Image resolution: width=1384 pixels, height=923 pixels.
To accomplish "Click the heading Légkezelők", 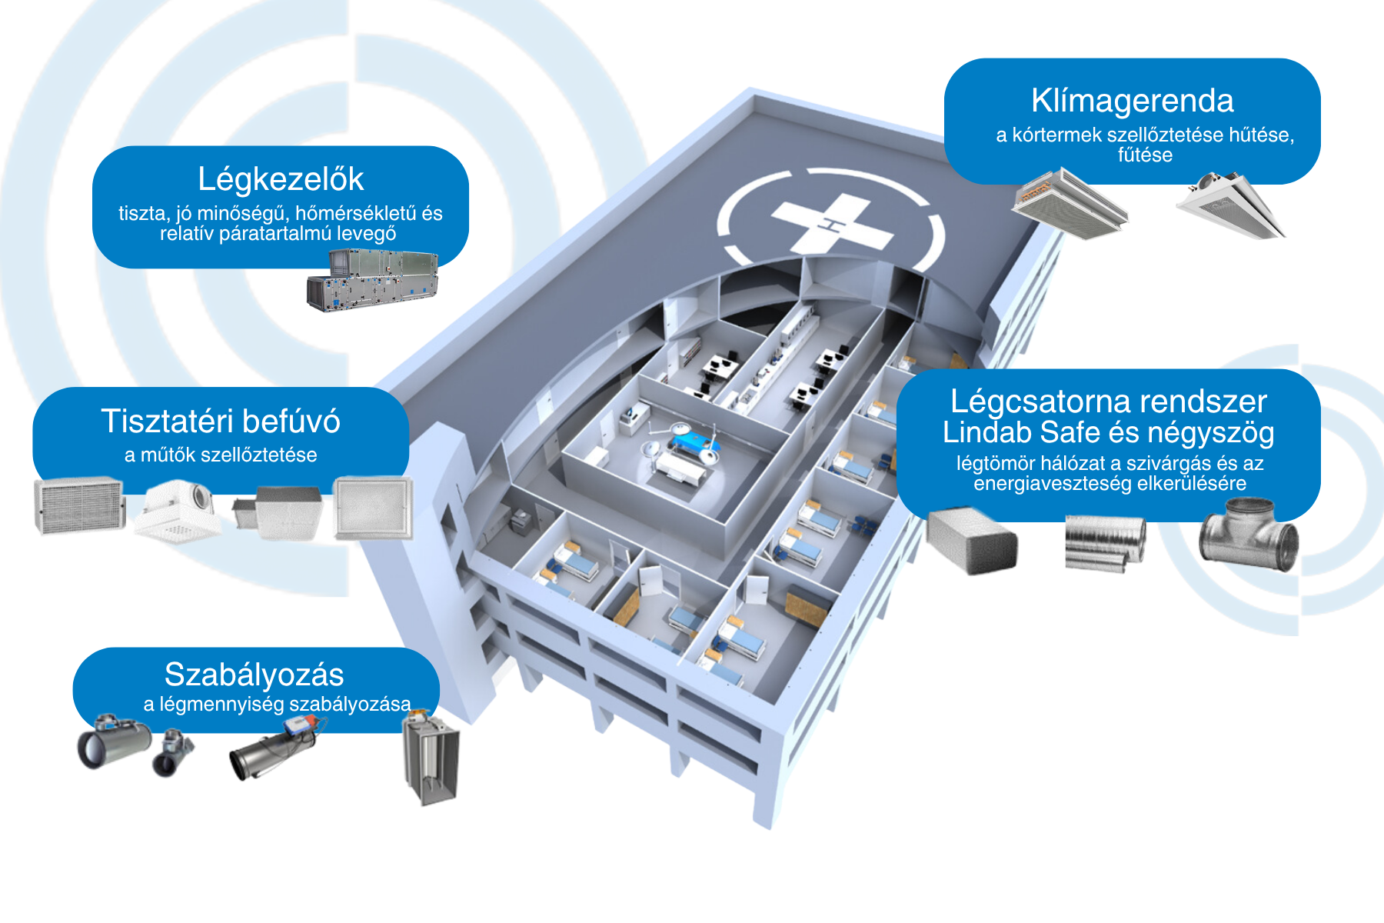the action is (x=281, y=180).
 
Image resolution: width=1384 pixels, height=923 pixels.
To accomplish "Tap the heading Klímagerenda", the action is (x=1133, y=101).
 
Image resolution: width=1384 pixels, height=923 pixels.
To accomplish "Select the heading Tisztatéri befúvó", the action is (x=221, y=422).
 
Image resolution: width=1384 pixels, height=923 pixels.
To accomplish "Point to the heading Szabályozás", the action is (x=254, y=675).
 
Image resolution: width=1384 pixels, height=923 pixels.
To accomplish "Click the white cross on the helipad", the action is (x=833, y=223).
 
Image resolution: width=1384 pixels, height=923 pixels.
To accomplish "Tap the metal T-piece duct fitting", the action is (x=1249, y=535).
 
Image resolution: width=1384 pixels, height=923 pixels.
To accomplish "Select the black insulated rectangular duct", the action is (x=972, y=541).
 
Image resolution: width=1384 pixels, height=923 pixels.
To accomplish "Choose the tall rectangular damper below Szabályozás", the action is (x=431, y=758).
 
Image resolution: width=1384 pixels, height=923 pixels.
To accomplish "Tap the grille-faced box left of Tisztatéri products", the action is (x=80, y=505).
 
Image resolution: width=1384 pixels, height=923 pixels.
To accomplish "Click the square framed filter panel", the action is (x=374, y=508).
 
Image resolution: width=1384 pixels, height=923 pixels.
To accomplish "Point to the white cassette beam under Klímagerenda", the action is (x=1231, y=205).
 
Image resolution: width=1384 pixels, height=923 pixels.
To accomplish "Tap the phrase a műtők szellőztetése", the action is (x=221, y=455).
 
